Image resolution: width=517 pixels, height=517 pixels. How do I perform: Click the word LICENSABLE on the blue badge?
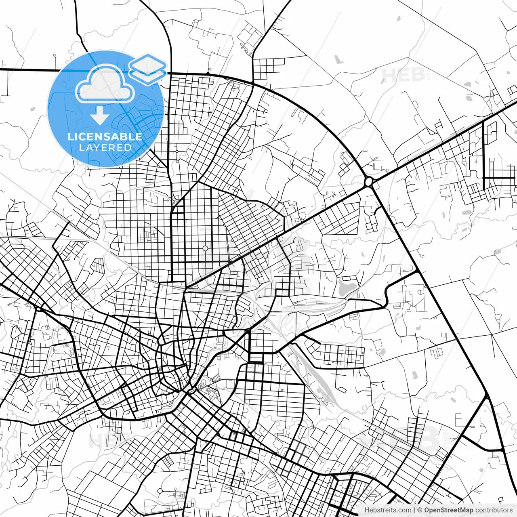[x=105, y=137]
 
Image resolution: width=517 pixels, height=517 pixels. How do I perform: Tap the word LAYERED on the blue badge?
[x=105, y=147]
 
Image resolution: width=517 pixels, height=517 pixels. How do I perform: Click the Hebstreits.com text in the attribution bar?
[x=388, y=510]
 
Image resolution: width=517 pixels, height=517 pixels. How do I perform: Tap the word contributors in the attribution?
[x=493, y=510]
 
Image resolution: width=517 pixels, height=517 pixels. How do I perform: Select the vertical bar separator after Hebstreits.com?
[x=414, y=510]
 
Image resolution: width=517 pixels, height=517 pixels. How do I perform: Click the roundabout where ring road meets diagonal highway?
[x=368, y=181]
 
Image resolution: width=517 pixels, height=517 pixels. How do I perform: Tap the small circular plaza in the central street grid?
[x=205, y=248]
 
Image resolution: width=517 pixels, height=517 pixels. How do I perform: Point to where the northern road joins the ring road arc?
[x=252, y=83]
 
